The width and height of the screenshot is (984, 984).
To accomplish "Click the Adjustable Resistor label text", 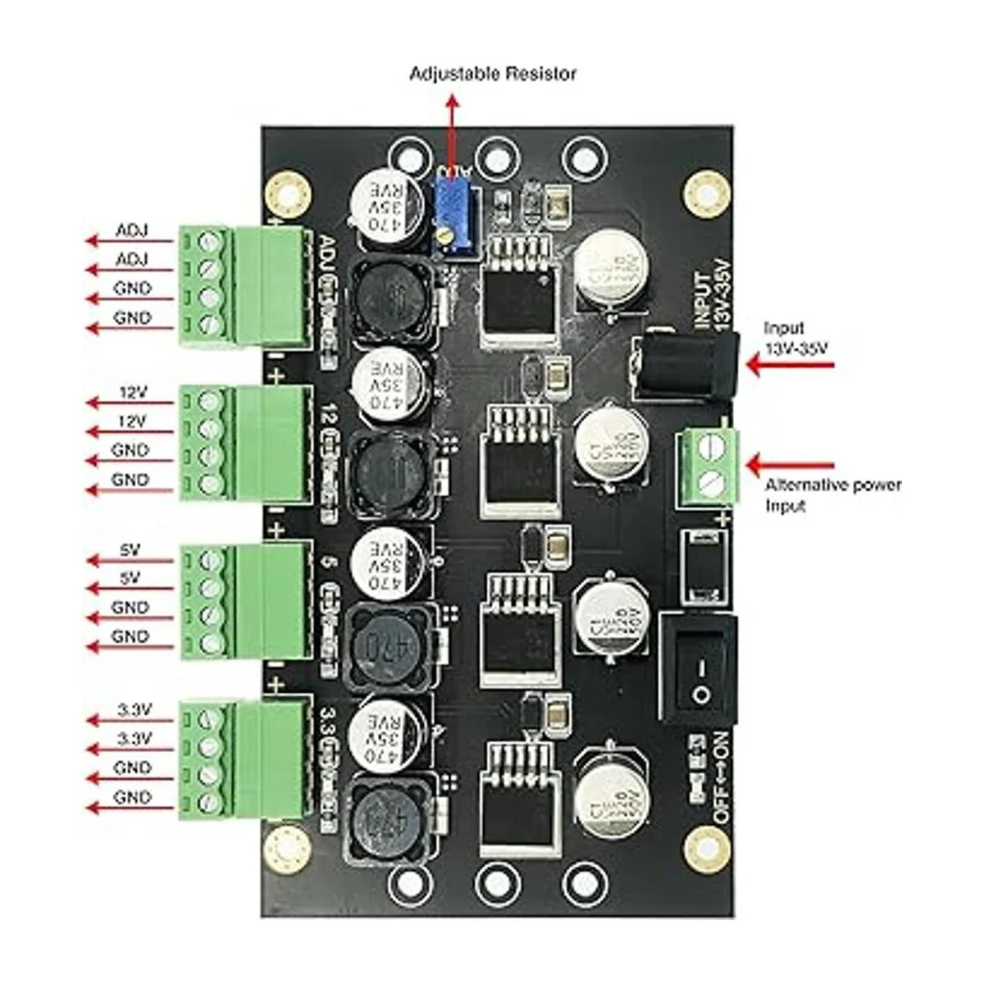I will (493, 74).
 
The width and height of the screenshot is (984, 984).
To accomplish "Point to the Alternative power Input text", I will (831, 494).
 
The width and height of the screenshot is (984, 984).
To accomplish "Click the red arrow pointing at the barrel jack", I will (788, 365).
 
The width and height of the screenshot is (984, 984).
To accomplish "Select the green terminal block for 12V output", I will (246, 443).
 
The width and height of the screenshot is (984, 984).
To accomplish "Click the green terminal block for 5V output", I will (246, 601).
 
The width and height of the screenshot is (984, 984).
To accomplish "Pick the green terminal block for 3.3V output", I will (246, 758).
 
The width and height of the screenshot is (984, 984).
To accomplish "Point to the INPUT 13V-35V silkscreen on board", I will (712, 295).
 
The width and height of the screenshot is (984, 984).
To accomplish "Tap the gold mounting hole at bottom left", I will (287, 846).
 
